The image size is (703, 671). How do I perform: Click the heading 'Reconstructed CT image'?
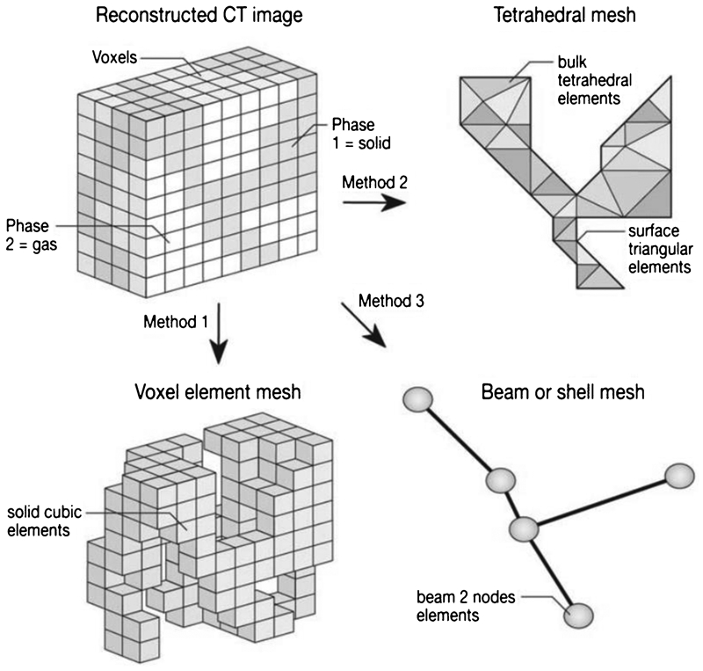[199, 15]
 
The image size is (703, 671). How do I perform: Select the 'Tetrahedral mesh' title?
[564, 15]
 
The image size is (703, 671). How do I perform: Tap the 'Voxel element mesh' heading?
[217, 392]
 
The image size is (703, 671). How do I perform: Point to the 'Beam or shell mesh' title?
[562, 392]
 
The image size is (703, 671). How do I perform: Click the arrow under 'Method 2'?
[374, 203]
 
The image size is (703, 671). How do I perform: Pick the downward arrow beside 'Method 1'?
[219, 333]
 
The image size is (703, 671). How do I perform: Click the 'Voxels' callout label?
[115, 57]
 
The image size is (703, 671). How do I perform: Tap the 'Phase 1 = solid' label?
[361, 134]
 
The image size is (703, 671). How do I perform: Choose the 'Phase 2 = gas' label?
[32, 235]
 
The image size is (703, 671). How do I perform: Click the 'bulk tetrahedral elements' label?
[595, 80]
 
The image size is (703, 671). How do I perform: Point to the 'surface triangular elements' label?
[660, 249]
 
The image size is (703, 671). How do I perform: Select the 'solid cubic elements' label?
[45, 521]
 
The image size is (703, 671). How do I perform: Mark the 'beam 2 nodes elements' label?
[466, 606]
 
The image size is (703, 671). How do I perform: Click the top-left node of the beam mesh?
[418, 399]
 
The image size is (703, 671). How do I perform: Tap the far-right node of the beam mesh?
[679, 476]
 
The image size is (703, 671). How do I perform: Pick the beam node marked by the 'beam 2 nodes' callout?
[578, 616]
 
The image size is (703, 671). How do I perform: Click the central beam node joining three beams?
[524, 529]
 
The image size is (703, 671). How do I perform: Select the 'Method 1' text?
[176, 322]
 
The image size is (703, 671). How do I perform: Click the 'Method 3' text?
[391, 301]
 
